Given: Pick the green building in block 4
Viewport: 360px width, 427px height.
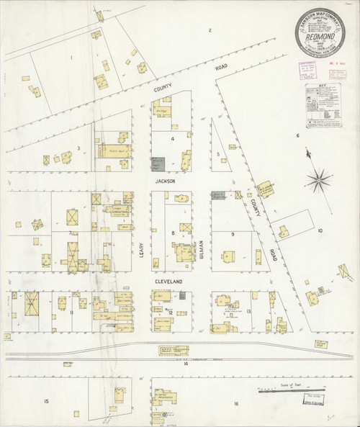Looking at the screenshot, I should click(158, 163).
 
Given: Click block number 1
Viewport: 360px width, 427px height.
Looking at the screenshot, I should click(72, 56).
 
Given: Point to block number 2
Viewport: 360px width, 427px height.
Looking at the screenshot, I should click(209, 30).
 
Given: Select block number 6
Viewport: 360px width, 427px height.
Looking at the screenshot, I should click(297, 135).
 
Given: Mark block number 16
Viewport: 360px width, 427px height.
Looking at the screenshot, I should click(235, 404).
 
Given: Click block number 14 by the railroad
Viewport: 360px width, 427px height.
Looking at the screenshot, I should click(185, 365).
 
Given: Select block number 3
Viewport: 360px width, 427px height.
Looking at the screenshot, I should click(78, 148).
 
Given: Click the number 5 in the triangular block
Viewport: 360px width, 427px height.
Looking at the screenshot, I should click(217, 153).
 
